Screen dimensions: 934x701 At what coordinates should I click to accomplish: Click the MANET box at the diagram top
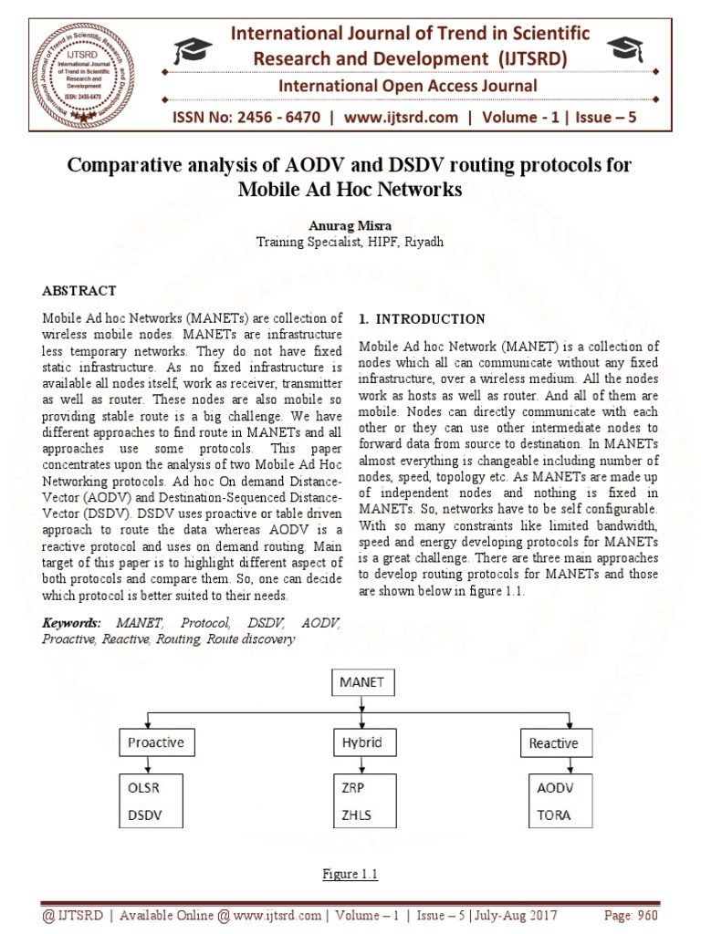click(x=362, y=681)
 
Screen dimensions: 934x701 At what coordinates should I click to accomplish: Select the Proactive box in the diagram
click(x=156, y=742)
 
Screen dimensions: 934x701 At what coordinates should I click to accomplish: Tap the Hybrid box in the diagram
click(x=362, y=742)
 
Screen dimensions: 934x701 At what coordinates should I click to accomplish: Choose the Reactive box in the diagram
click(x=553, y=743)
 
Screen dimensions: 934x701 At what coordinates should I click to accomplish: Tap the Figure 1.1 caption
click(x=350, y=875)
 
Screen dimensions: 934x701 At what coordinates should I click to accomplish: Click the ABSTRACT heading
click(x=79, y=291)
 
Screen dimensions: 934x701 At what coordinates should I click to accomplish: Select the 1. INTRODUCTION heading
click(x=422, y=319)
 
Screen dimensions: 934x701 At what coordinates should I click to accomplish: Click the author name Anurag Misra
click(x=350, y=226)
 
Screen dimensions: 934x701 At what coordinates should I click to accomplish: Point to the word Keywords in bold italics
click(x=72, y=623)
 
